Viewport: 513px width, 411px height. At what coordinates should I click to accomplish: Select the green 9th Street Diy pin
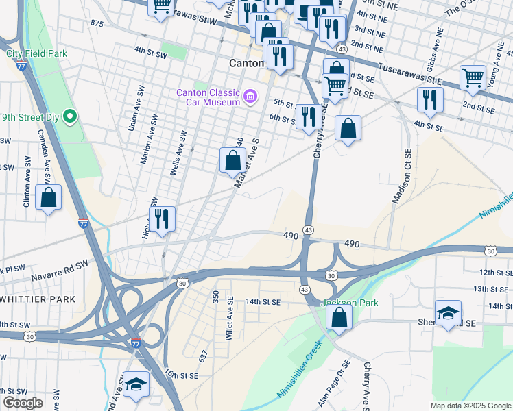coord(69,117)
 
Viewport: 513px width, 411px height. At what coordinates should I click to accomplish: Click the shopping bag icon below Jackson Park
coord(339,317)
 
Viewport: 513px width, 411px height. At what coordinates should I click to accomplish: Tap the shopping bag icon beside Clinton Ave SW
coord(49,199)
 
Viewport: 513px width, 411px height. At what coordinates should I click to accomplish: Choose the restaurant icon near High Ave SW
coord(163,220)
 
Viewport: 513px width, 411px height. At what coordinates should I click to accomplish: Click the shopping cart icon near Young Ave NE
coord(473,78)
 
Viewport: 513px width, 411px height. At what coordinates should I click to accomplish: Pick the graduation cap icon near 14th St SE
coord(449,313)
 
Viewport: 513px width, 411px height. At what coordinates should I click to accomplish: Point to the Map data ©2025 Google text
coord(470,405)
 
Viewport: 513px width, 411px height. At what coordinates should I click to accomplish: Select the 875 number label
coord(96,23)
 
